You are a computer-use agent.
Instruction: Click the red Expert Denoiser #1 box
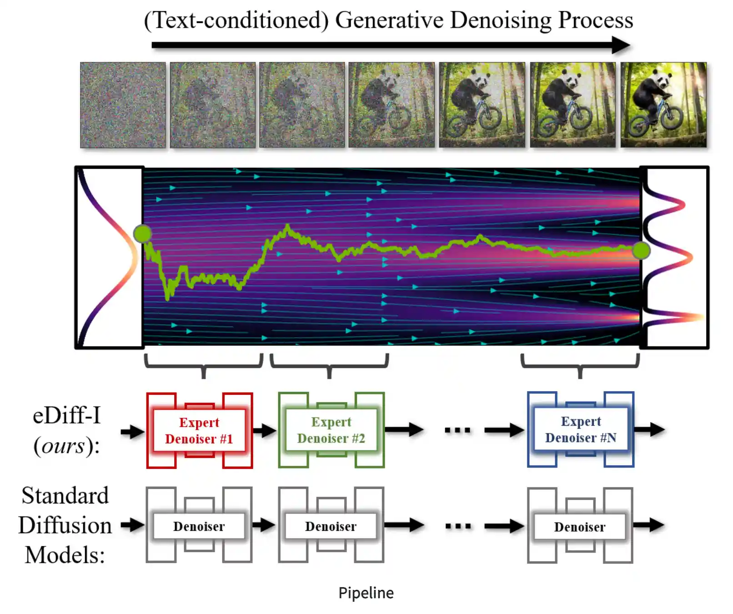pyautogui.click(x=199, y=430)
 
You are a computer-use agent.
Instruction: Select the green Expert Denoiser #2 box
pyautogui.click(x=331, y=430)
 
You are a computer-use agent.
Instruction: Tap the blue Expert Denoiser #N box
pyautogui.click(x=581, y=429)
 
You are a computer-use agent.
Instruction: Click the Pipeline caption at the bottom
pyautogui.click(x=366, y=593)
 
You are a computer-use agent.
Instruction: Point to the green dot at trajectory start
pyautogui.click(x=143, y=234)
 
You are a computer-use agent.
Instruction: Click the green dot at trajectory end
pyautogui.click(x=641, y=250)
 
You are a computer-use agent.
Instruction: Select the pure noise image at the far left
pyautogui.click(x=123, y=105)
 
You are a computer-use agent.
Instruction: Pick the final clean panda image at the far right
pyautogui.click(x=663, y=105)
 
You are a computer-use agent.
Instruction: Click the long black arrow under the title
pyautogui.click(x=391, y=45)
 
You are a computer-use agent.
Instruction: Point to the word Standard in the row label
pyautogui.click(x=65, y=495)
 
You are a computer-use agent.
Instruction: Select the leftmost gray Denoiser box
pyautogui.click(x=199, y=525)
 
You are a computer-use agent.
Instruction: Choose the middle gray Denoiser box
pyautogui.click(x=331, y=525)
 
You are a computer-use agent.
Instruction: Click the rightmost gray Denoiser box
pyautogui.click(x=580, y=526)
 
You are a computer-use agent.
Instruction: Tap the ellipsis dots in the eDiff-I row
pyautogui.click(x=457, y=430)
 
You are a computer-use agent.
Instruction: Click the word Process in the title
pyautogui.click(x=596, y=20)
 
